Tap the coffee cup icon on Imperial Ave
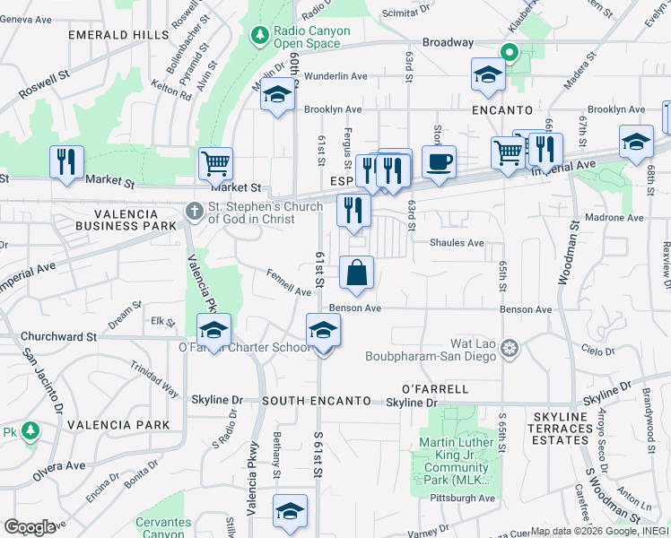(439, 162)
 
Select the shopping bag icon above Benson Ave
(356, 272)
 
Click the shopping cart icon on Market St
(215, 163)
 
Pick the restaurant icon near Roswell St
(66, 161)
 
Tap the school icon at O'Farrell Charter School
(213, 330)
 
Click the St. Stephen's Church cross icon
(193, 212)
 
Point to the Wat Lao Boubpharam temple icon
(510, 348)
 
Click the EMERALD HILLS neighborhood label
(118, 35)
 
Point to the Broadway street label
(448, 42)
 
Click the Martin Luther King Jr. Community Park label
(457, 461)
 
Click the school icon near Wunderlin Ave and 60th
(278, 95)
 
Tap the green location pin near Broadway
(510, 52)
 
